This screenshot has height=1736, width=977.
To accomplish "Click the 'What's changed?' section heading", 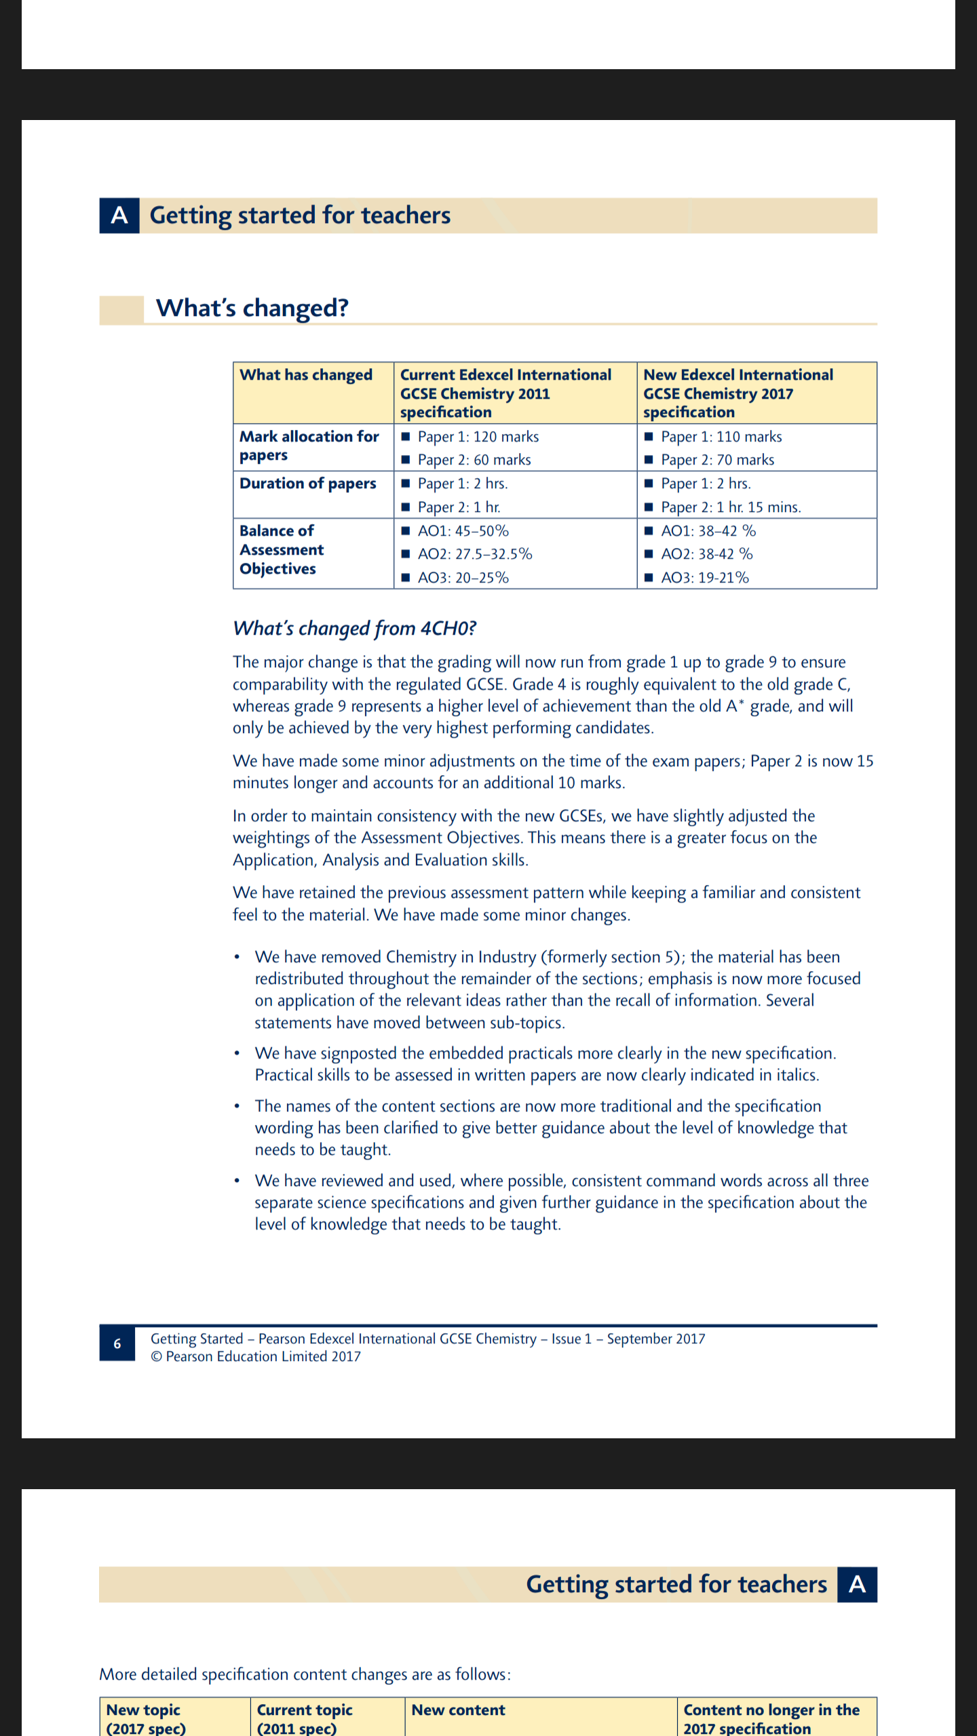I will click(252, 309).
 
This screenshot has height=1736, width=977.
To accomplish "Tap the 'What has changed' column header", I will click(306, 375).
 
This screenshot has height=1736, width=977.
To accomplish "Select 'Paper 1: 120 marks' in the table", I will click(478, 437).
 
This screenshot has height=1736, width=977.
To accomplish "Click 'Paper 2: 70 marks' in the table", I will click(717, 460).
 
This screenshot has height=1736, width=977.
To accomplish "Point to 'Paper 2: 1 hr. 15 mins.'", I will click(731, 507).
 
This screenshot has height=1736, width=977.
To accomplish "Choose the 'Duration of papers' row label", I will click(307, 484).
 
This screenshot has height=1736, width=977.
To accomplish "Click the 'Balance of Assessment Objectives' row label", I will click(282, 550).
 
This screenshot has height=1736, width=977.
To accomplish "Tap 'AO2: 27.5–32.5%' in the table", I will click(475, 554).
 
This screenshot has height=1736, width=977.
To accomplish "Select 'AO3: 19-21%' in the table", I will click(705, 578).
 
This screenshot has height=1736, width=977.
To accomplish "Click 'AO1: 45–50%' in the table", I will click(463, 531).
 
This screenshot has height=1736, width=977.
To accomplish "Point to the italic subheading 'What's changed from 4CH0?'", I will click(354, 629).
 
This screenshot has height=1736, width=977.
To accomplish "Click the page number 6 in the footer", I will click(117, 1343).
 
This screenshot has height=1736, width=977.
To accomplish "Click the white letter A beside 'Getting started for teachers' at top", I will click(119, 216).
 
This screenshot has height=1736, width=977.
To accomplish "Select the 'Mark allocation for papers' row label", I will click(309, 446).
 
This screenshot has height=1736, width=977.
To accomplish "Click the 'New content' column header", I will click(459, 1710).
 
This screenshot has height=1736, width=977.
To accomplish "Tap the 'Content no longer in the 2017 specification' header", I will click(771, 1719).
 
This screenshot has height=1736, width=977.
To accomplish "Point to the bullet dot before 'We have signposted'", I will click(237, 1054).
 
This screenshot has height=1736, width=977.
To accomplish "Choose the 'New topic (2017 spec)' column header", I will click(145, 1719).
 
